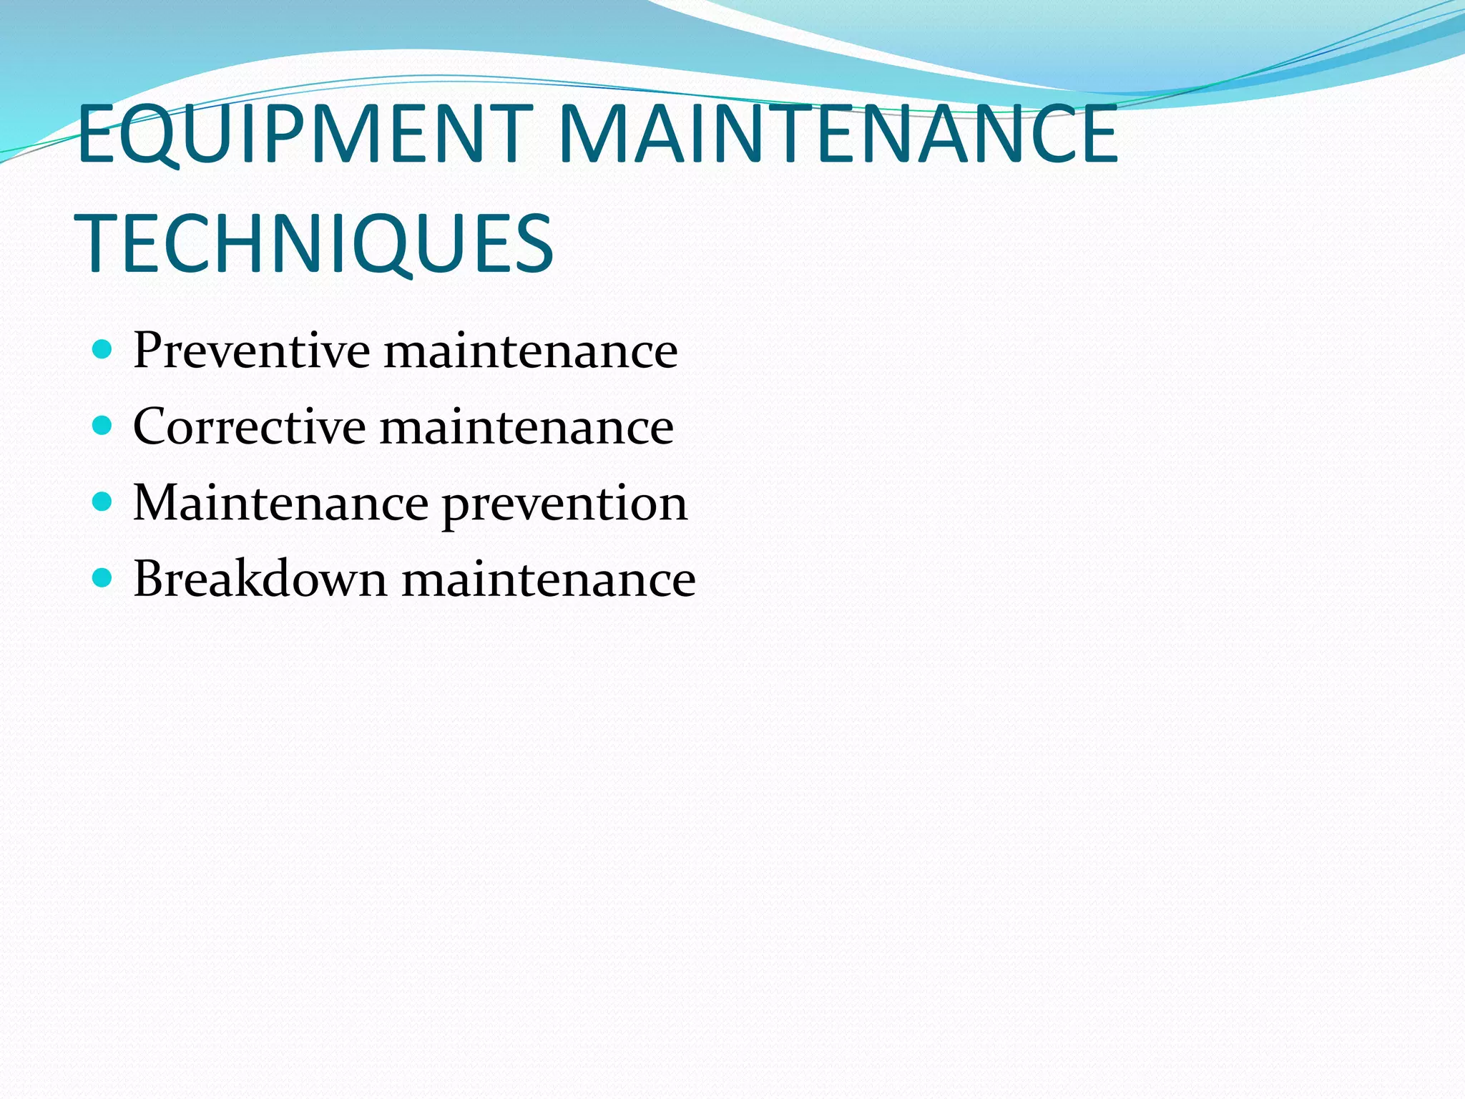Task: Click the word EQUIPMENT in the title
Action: (x=300, y=135)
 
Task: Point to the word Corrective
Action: (x=249, y=426)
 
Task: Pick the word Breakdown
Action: (x=260, y=578)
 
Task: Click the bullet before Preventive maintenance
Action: (x=103, y=350)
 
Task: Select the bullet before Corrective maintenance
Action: (x=103, y=426)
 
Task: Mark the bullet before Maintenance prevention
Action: (x=103, y=502)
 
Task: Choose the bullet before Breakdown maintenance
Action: (x=103, y=578)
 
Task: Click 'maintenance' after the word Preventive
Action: (x=531, y=352)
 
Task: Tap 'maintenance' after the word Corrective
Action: (x=526, y=428)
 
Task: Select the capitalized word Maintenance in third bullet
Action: (x=280, y=503)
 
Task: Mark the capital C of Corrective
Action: (x=152, y=426)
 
